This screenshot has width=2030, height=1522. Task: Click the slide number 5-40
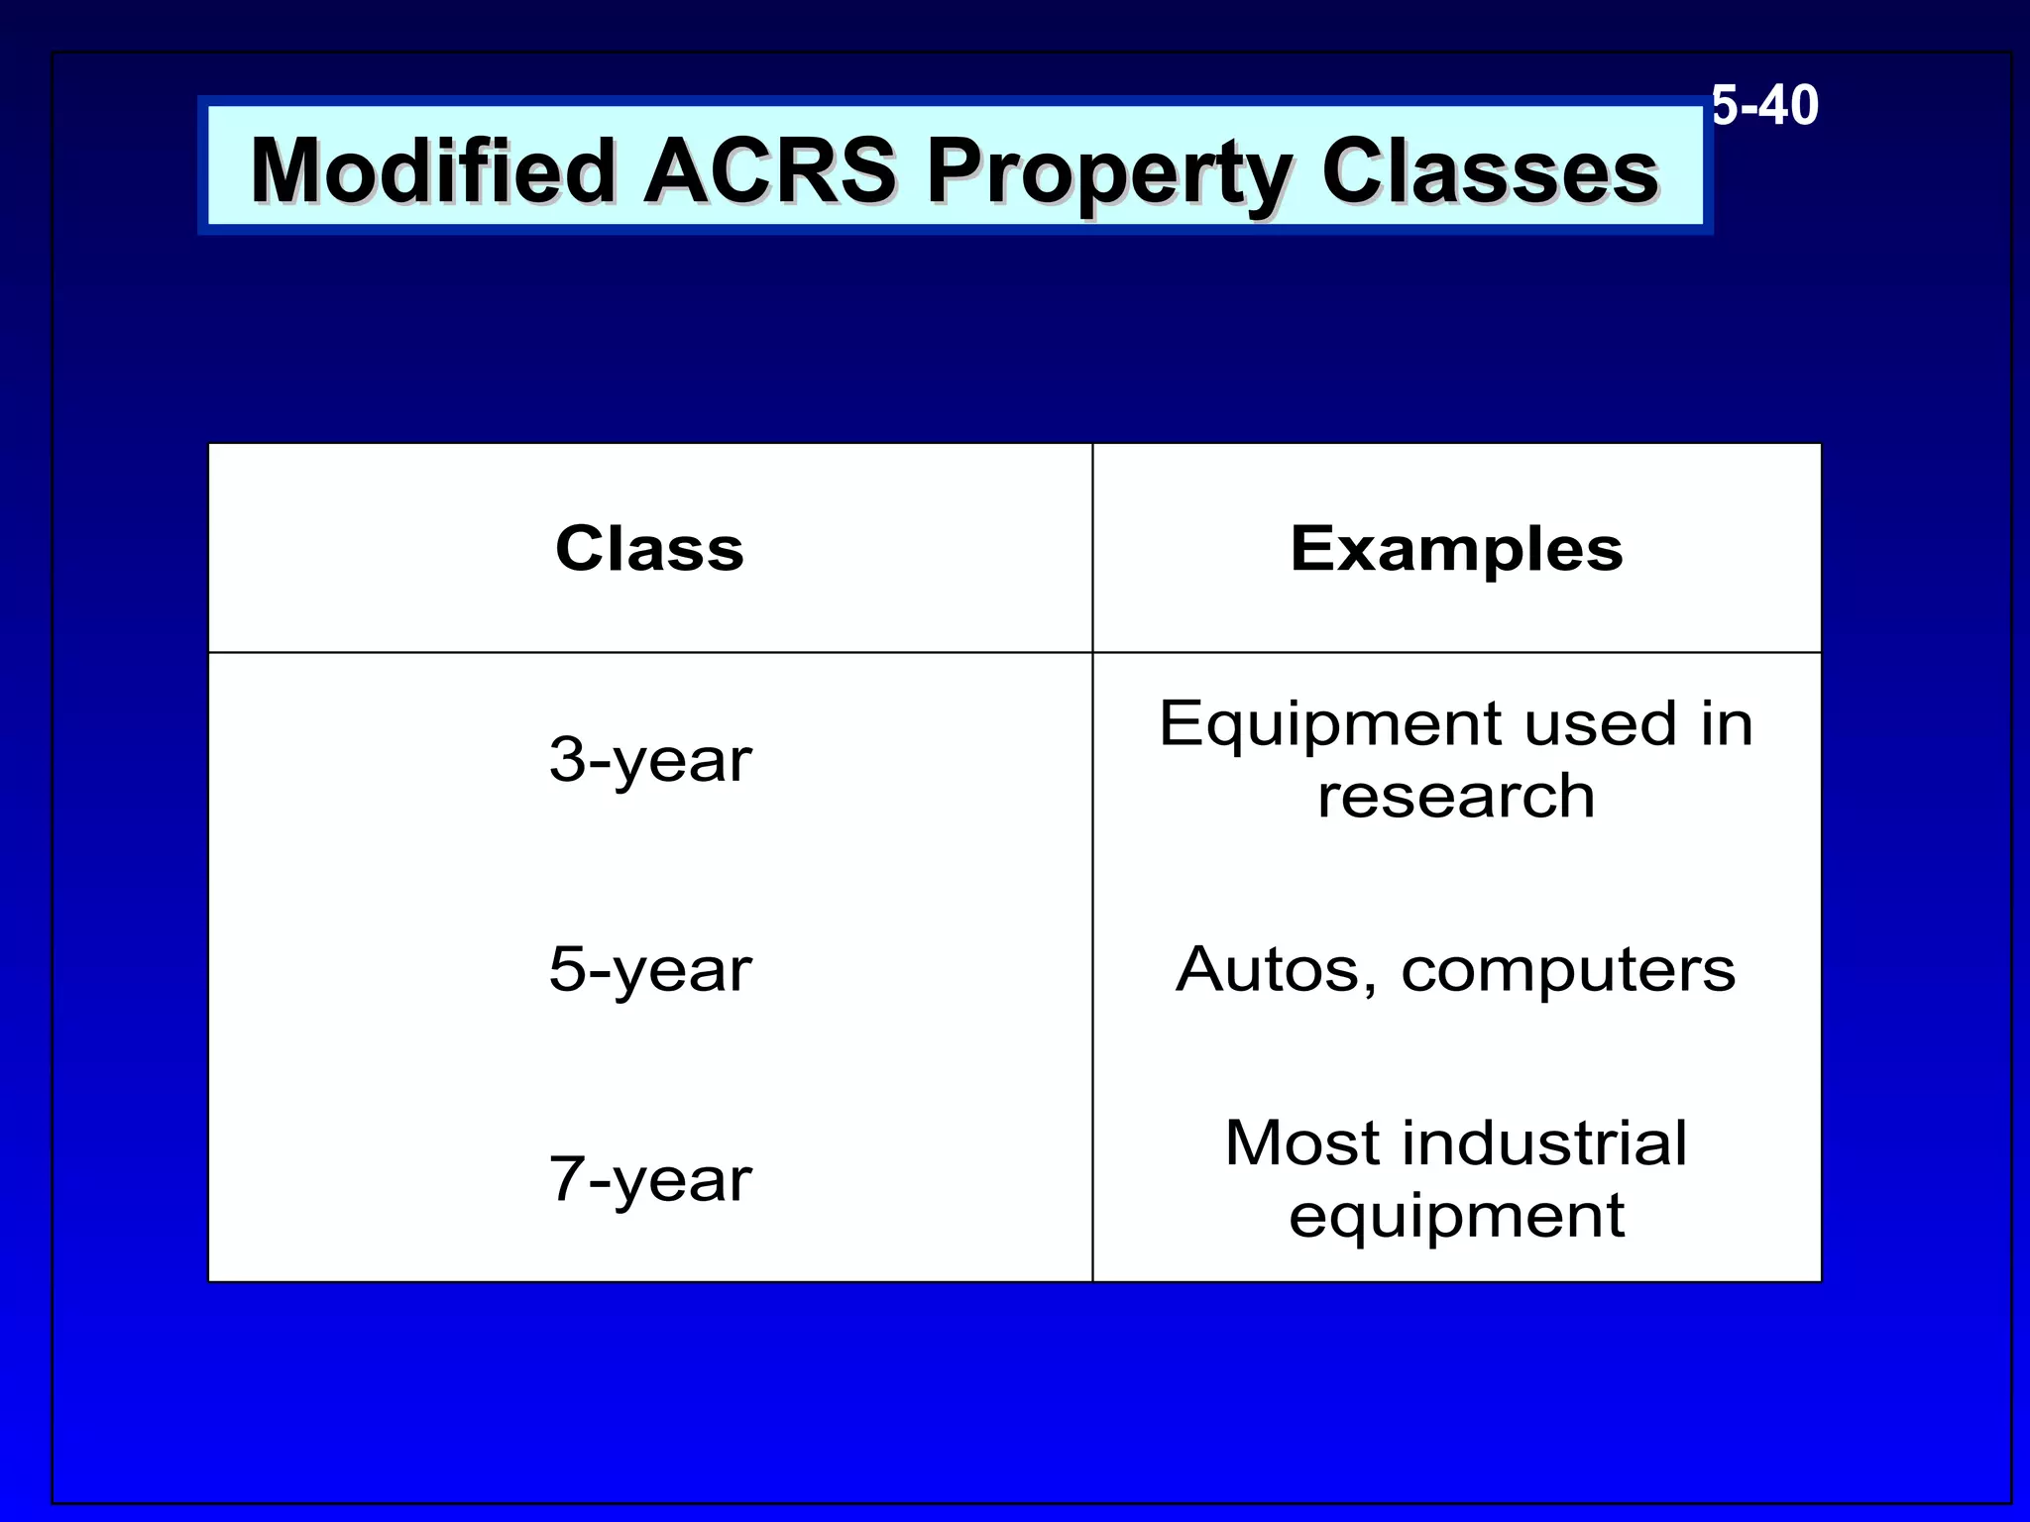click(1765, 106)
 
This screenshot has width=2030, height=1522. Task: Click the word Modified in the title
click(433, 171)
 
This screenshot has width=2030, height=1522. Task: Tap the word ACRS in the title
click(769, 170)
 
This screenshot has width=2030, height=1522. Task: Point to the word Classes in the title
click(1490, 171)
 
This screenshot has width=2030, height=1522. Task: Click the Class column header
click(649, 548)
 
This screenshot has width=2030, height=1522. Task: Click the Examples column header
click(1456, 549)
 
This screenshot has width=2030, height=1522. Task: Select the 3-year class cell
click(650, 760)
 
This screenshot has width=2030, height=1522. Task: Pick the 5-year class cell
click(650, 969)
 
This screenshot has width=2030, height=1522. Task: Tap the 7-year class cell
click(650, 1179)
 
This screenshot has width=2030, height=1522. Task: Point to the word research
click(1456, 796)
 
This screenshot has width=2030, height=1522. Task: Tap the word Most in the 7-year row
click(1301, 1142)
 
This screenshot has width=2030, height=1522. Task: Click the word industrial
click(1546, 1142)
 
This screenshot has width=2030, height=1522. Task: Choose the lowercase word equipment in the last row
click(1456, 1216)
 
